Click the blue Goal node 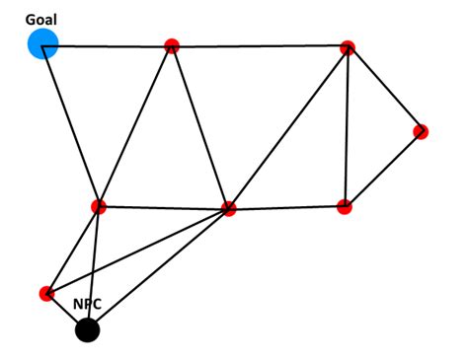tap(42, 44)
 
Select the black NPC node tap(88, 329)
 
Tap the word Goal tap(42, 18)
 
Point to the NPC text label tap(88, 305)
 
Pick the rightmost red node tap(421, 131)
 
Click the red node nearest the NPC tap(46, 293)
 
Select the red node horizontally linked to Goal tap(172, 45)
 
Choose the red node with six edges tap(229, 208)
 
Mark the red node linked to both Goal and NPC tap(98, 206)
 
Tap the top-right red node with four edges tap(347, 47)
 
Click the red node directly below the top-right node tap(344, 206)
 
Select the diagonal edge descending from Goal tap(70, 125)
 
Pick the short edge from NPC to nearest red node tap(67, 312)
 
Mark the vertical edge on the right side tap(346, 126)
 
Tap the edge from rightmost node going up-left tap(384, 89)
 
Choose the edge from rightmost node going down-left tap(382, 169)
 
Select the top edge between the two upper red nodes tap(259, 46)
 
